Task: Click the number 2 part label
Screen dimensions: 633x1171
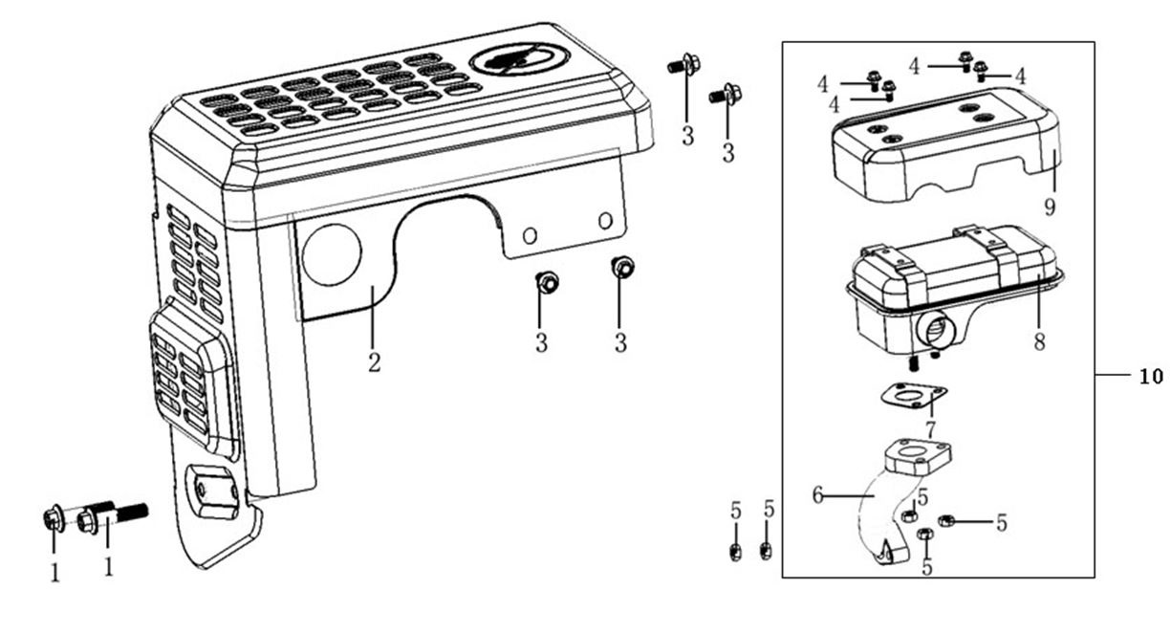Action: click(374, 363)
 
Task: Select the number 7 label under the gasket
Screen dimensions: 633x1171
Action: click(930, 426)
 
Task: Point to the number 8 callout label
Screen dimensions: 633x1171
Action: click(1039, 340)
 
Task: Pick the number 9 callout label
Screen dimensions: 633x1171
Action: click(1052, 205)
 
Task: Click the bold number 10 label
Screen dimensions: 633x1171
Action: click(1150, 377)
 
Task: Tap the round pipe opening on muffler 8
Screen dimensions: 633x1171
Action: click(933, 331)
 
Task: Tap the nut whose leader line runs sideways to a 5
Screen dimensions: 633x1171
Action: click(947, 521)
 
